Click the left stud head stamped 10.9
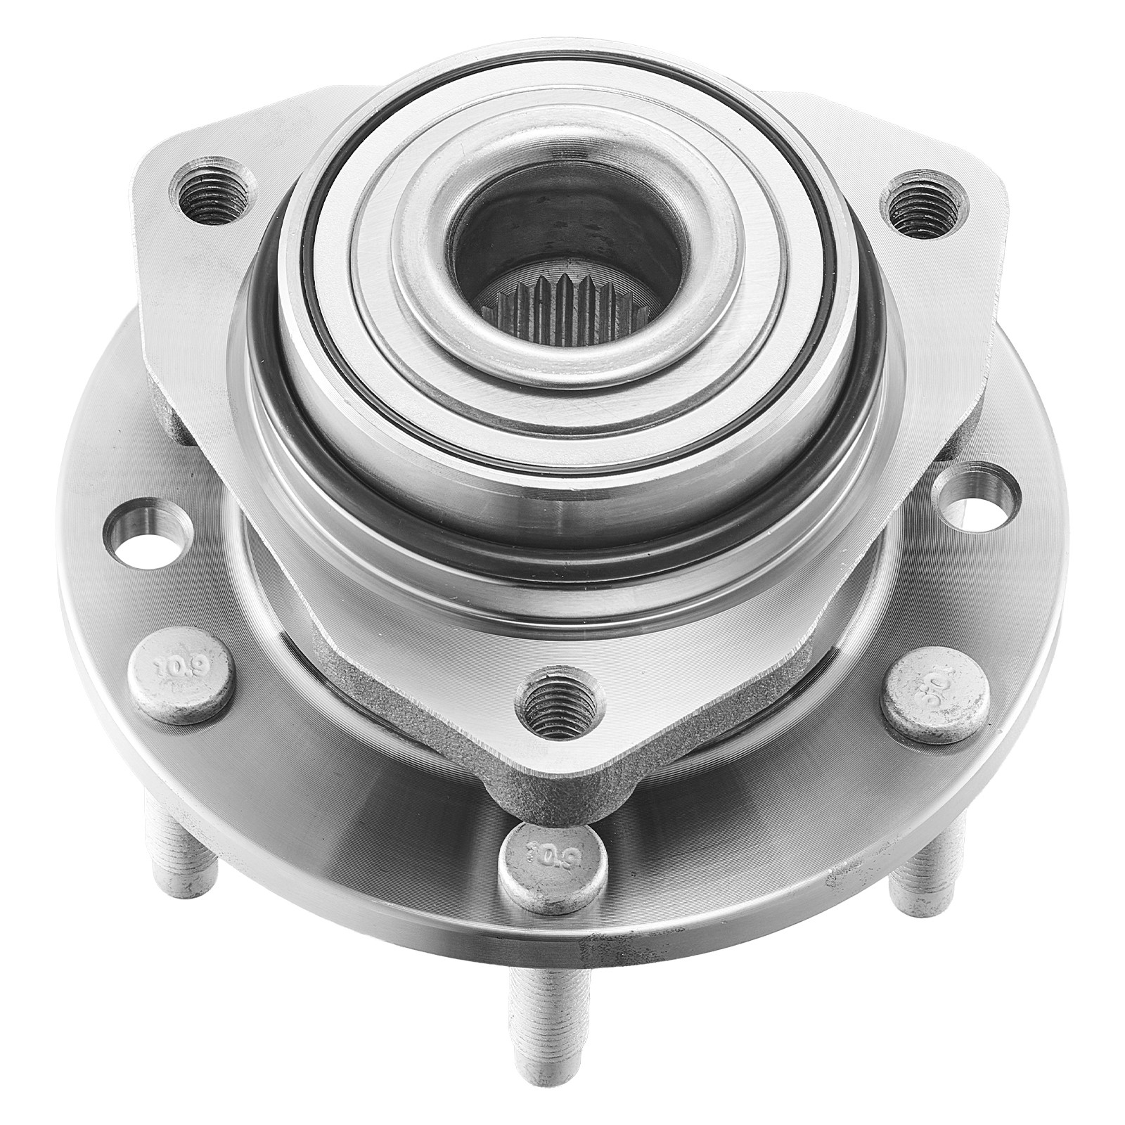(180, 674)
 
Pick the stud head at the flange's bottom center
(553, 868)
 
